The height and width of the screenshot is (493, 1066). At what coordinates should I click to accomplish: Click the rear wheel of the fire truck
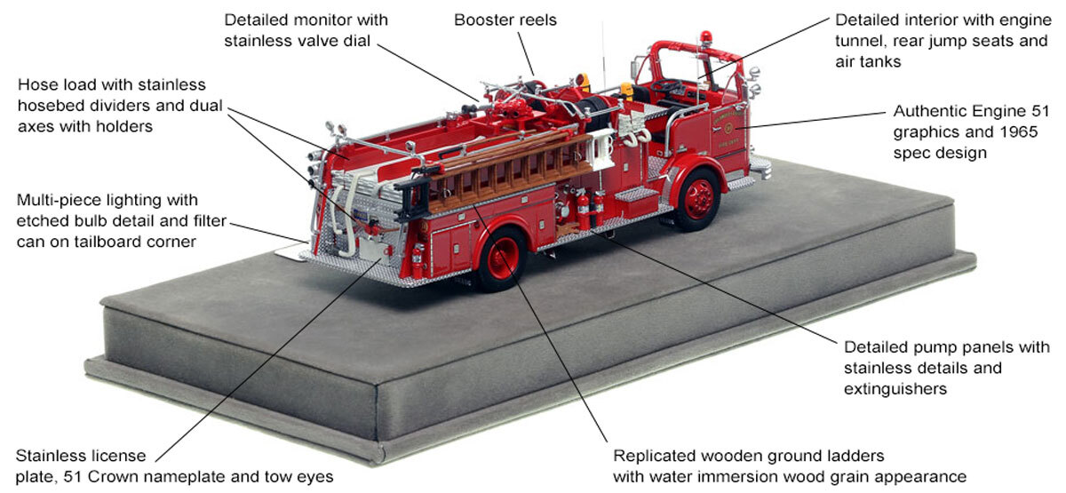click(501, 261)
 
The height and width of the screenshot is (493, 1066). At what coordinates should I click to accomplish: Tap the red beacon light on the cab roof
click(707, 36)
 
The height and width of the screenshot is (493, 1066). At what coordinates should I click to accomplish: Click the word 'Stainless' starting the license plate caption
click(49, 457)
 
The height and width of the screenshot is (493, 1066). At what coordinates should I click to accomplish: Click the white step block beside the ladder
click(605, 141)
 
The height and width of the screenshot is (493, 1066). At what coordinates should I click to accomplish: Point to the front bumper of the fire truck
click(760, 165)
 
